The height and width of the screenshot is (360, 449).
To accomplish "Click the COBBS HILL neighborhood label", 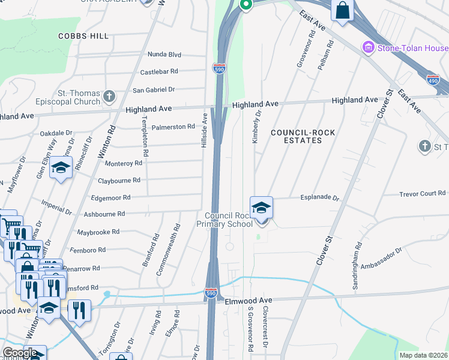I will (x=83, y=36).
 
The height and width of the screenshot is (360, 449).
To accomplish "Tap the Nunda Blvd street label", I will (x=164, y=55).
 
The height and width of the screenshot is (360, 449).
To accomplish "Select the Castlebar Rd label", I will (x=159, y=71).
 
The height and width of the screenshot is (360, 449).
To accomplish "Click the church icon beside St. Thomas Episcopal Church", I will (x=109, y=96).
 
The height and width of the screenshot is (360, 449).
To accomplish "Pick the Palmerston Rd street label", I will (x=173, y=127).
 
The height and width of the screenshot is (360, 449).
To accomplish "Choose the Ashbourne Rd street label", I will (x=104, y=214).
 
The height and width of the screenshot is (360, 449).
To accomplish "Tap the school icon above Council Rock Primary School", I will (x=261, y=208).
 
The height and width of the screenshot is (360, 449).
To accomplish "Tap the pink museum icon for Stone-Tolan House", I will (x=368, y=47).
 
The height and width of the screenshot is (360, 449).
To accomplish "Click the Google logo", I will (x=19, y=353).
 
